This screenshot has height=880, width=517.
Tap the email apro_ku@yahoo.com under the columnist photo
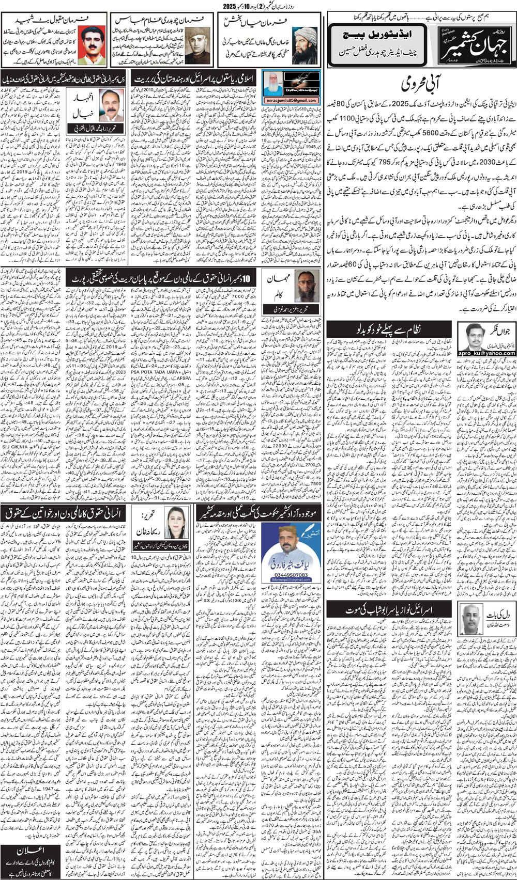coord(486,353)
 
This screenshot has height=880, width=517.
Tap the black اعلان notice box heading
coord(32,852)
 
